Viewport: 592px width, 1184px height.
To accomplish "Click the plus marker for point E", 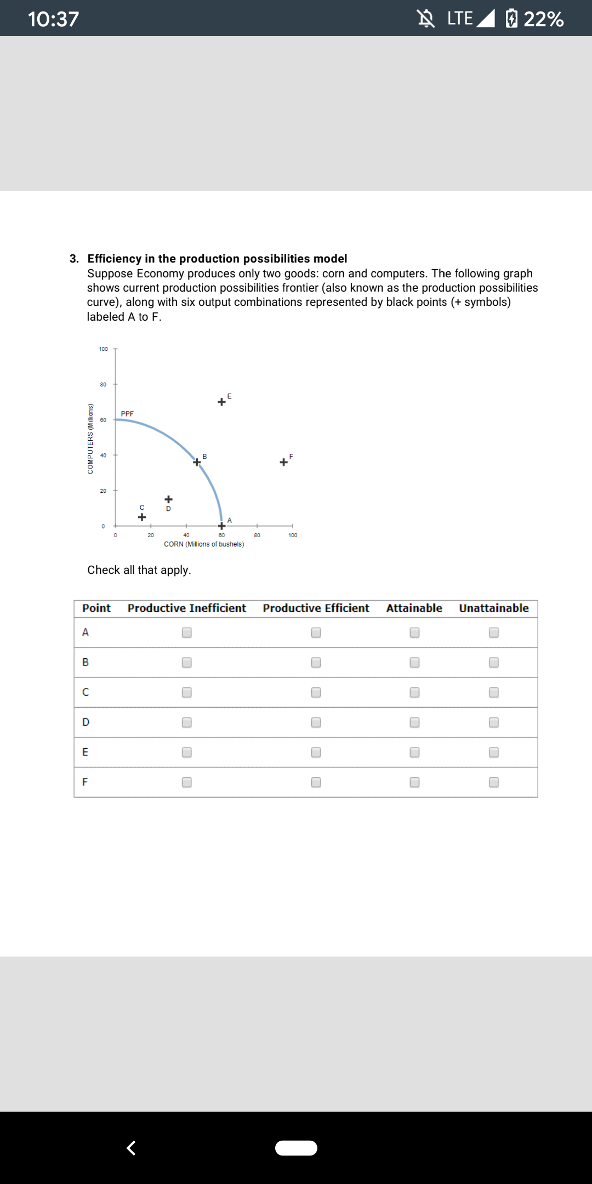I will tap(221, 402).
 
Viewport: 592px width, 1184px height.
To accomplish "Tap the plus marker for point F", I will tap(283, 462).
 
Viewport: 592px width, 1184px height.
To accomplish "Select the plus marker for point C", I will tap(141, 517).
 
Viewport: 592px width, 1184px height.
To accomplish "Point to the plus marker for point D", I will tap(169, 499).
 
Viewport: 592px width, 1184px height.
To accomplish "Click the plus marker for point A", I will tap(221, 526).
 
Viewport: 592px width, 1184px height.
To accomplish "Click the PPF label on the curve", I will tap(127, 413).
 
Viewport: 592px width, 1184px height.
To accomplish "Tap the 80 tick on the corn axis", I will tap(257, 535).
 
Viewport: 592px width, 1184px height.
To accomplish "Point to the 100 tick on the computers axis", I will tap(104, 349).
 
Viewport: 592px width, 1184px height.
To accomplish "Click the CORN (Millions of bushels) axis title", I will tap(204, 544).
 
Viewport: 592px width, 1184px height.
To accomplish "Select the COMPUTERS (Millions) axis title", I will tap(90, 439).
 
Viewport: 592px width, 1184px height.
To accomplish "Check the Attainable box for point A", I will tap(415, 633).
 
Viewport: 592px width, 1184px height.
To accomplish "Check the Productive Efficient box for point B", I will tap(316, 662).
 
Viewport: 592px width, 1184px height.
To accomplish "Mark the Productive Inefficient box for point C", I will tap(187, 692).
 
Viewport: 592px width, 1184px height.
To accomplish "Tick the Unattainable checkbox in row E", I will tap(494, 752).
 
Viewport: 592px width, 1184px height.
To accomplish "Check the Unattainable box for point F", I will tap(494, 782).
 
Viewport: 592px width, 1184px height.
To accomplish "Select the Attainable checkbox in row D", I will tap(415, 722).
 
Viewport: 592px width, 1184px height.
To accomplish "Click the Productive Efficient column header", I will tap(316, 608).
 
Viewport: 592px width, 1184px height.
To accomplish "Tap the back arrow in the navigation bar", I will tap(131, 1147).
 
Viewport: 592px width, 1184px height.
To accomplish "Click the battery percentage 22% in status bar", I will tap(543, 19).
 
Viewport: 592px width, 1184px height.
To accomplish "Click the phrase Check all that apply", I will tap(139, 570).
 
